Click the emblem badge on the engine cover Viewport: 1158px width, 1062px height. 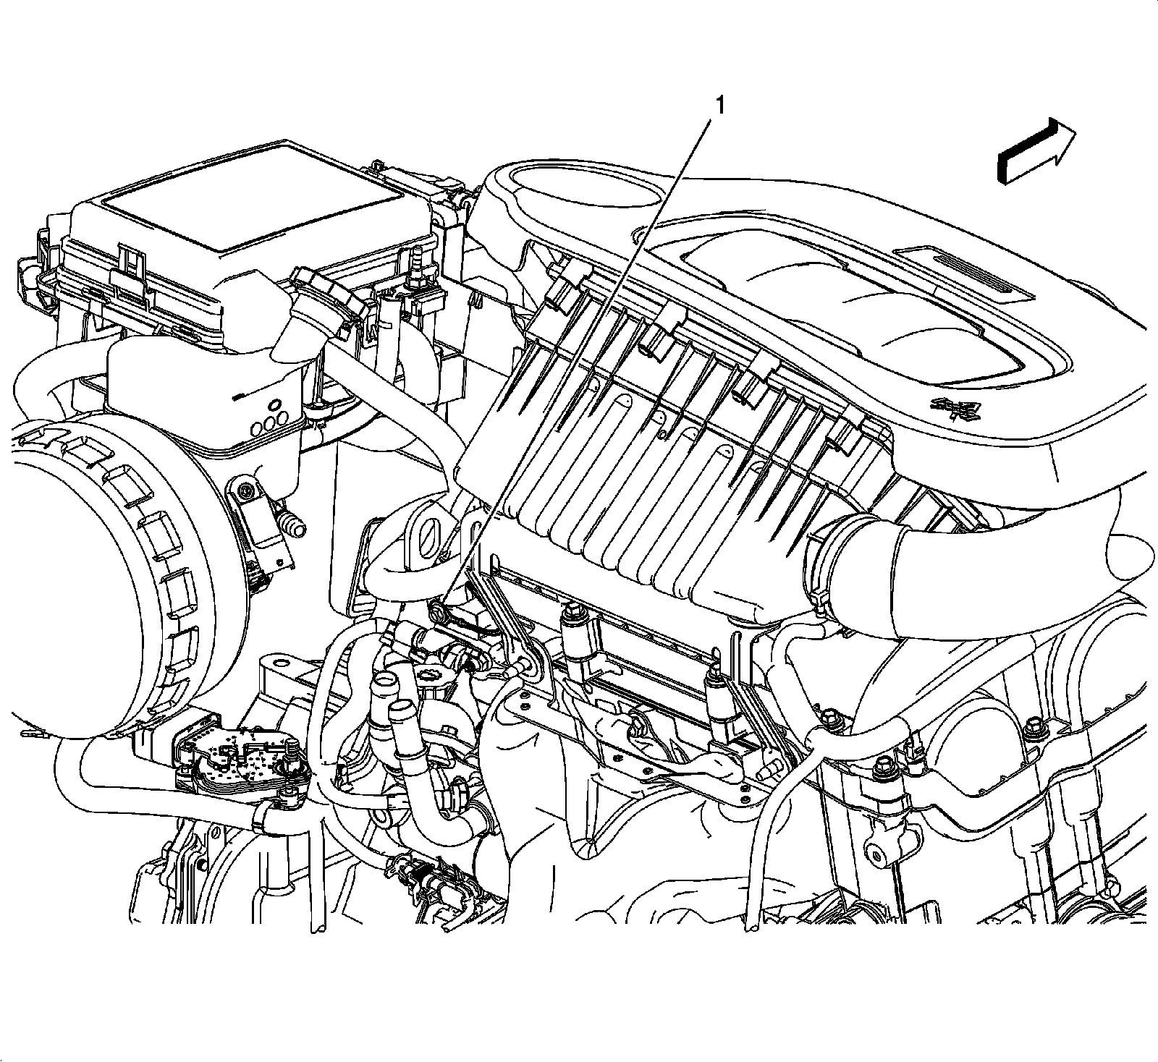[956, 409]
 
